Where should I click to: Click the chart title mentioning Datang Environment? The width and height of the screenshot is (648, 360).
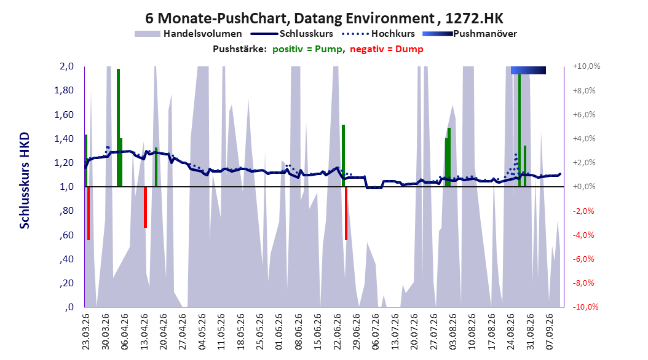(x=324, y=18)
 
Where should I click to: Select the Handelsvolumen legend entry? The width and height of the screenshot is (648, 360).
(x=189, y=34)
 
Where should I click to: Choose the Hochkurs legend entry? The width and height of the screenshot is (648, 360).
(x=379, y=34)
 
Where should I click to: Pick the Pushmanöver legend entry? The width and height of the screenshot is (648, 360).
(x=470, y=34)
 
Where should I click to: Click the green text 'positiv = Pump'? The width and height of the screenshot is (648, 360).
(x=307, y=49)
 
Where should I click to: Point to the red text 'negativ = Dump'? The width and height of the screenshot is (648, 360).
(x=387, y=49)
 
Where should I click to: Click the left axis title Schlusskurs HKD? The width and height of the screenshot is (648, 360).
(x=25, y=181)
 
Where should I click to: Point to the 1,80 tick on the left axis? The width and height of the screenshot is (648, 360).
(x=64, y=90)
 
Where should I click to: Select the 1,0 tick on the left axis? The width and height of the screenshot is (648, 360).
(x=66, y=187)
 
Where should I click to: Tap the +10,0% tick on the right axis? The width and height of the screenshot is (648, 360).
(x=586, y=66)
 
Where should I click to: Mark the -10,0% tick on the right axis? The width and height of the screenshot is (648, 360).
(x=586, y=307)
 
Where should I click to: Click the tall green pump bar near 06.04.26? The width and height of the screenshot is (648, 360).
(x=118, y=128)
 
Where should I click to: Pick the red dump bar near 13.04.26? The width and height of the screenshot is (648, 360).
(x=145, y=207)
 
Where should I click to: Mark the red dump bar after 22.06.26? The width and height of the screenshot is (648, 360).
(x=346, y=213)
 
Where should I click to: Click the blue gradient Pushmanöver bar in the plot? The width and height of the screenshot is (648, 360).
(x=528, y=70)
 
